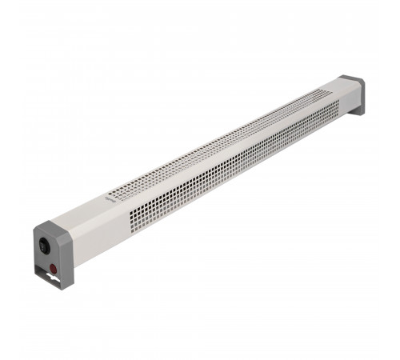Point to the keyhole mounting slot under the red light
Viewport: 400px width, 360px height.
[54, 281]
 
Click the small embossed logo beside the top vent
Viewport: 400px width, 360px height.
[110, 194]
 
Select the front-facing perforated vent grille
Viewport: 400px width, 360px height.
[224, 172]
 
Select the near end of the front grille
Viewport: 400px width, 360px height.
[128, 224]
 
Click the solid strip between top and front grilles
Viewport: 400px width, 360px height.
[224, 156]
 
